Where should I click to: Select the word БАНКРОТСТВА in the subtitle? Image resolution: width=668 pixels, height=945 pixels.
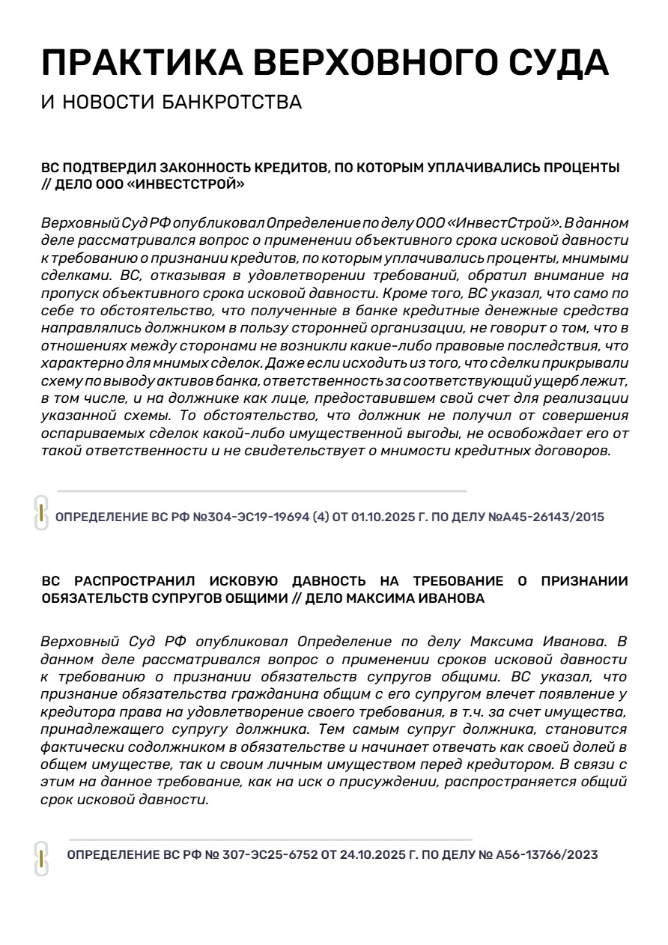[x=232, y=102]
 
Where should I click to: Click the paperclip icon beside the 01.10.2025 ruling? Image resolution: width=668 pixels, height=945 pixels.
[x=41, y=513]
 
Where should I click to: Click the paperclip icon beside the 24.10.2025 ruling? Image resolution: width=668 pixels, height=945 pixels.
[x=41, y=858]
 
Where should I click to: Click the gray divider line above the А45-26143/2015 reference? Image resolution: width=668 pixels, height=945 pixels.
[x=262, y=491]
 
